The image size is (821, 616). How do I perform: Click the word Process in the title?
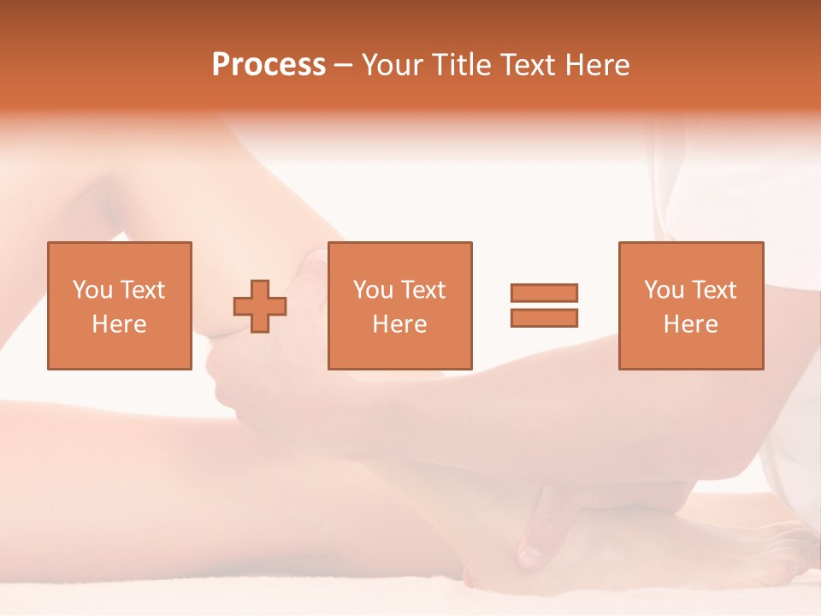coord(269,65)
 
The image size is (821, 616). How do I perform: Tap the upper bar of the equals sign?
coord(544,293)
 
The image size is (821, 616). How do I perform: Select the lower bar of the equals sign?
coord(544,318)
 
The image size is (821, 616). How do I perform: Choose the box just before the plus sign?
coord(119,305)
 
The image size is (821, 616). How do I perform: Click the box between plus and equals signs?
coord(399,305)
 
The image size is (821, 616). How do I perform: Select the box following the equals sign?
coord(690,305)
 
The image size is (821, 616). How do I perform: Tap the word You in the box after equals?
coord(664,290)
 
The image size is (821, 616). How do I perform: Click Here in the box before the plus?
coord(119,324)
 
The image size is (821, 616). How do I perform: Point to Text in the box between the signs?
coord(422,290)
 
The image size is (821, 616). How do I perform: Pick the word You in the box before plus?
coord(92,290)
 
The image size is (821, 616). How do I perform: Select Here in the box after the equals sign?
coord(690,324)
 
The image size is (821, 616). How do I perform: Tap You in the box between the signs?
coord(373,290)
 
